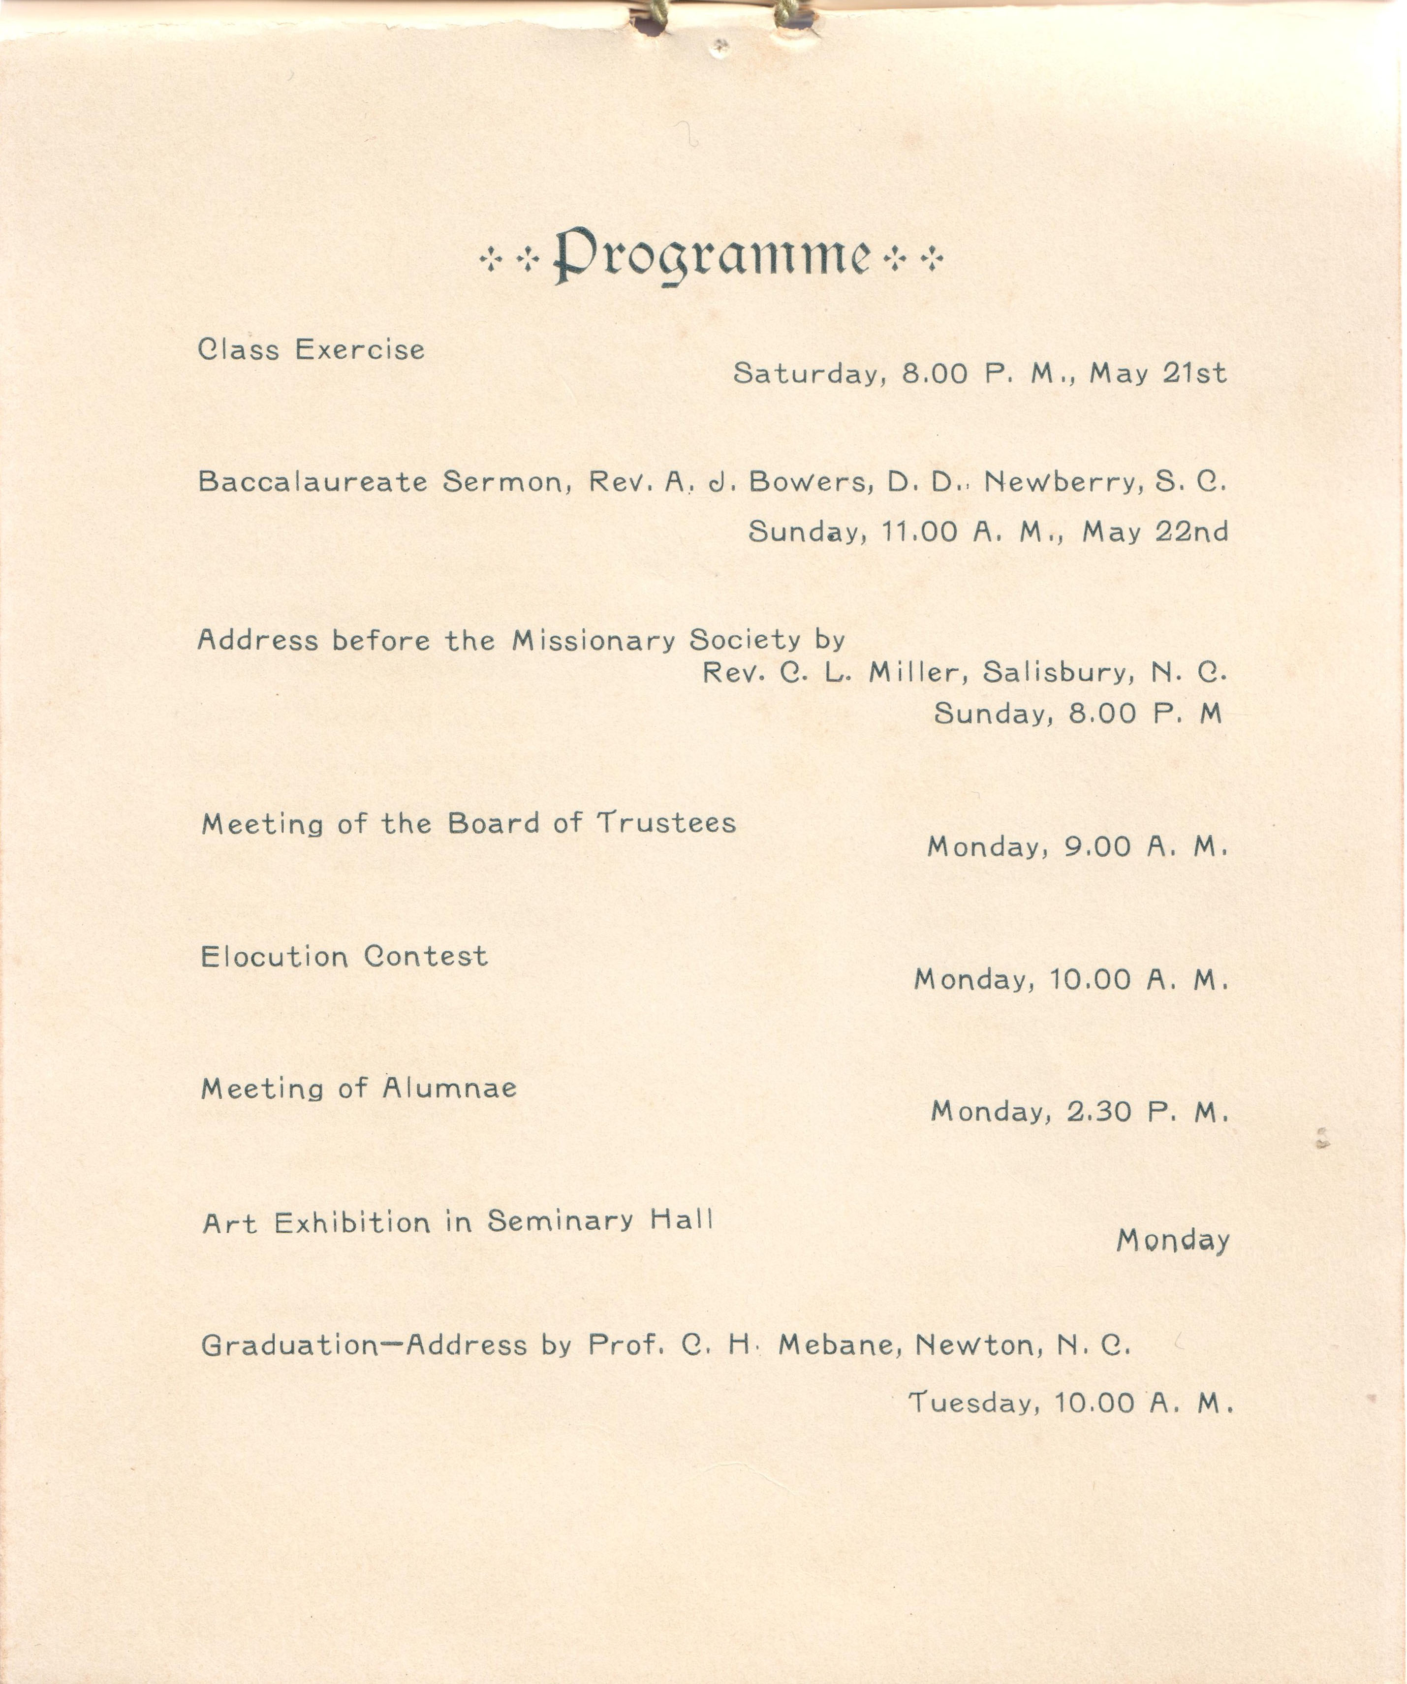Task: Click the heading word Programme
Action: point(712,256)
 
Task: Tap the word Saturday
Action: point(808,374)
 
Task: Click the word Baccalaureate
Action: point(313,481)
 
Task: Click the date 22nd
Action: point(1191,531)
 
